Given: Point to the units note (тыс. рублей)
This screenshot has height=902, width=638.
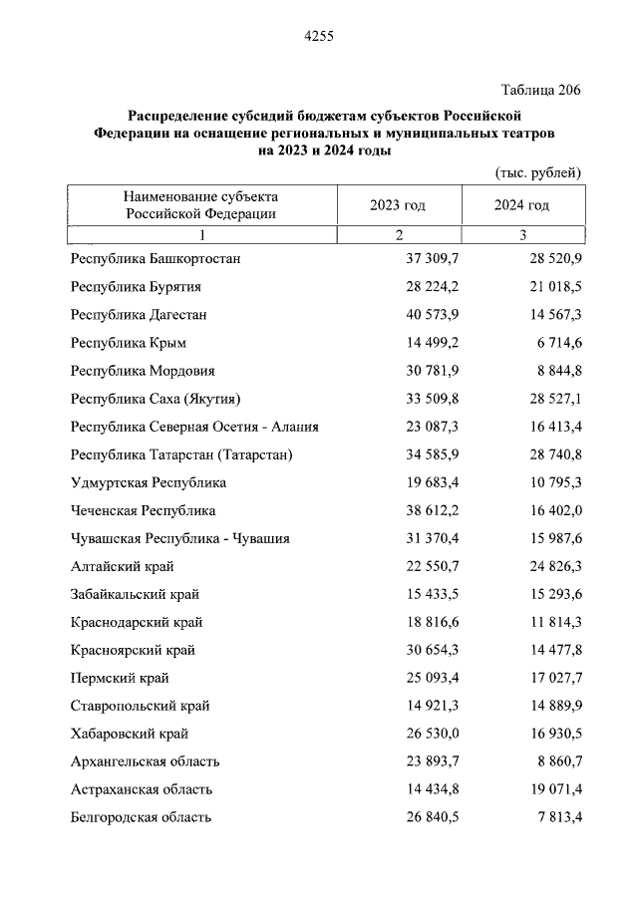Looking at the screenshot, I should coord(538,172).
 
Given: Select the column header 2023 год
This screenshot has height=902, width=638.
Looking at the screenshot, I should coord(398,205).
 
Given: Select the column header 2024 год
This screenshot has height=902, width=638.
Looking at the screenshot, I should coord(521,205).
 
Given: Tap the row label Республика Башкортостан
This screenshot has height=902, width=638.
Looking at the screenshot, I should coord(156,259).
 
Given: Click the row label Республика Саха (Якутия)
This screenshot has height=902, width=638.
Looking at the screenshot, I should coord(156,399).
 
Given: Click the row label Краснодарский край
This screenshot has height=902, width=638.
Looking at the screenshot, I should coord(137,622).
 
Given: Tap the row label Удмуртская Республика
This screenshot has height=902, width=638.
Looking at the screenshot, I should coord(149,482).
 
